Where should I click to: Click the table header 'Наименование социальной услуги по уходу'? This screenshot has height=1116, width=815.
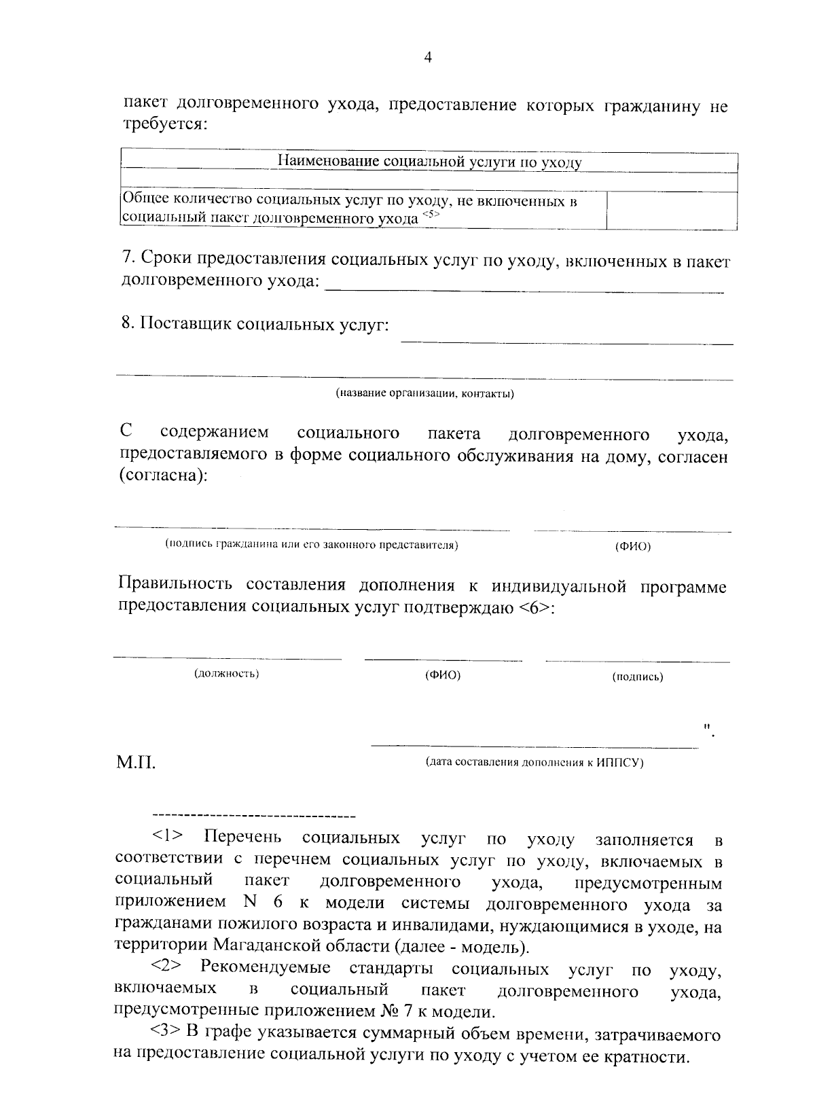point(430,162)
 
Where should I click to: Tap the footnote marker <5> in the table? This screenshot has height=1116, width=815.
point(431,215)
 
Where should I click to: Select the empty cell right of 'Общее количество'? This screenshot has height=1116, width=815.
point(671,210)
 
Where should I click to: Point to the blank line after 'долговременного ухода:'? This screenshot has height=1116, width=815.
point(524,291)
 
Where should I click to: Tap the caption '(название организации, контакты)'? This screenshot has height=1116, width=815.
point(424,393)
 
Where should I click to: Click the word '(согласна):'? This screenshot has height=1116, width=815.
point(164,477)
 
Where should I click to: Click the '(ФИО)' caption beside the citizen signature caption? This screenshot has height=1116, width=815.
point(632,547)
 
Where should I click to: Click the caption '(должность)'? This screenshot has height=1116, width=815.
point(227,674)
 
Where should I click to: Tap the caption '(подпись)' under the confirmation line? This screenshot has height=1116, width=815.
point(637,677)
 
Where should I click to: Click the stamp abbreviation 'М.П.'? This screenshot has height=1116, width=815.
point(137,763)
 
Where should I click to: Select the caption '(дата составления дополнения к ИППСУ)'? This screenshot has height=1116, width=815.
point(535,762)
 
